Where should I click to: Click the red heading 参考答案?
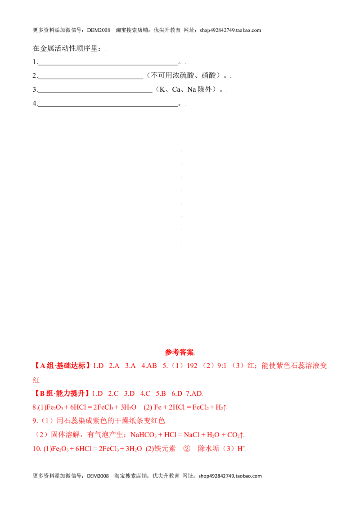180,352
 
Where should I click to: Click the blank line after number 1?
108,65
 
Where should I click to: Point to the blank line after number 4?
108,107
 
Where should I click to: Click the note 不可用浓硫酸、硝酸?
184,76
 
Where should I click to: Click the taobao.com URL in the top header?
230,30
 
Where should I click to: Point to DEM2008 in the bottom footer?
98,476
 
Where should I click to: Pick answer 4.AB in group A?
149,366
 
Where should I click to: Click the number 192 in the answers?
192,366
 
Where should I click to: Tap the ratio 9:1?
222,366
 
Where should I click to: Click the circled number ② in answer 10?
187,449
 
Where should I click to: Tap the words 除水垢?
209,449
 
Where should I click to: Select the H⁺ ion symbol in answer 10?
241,449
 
